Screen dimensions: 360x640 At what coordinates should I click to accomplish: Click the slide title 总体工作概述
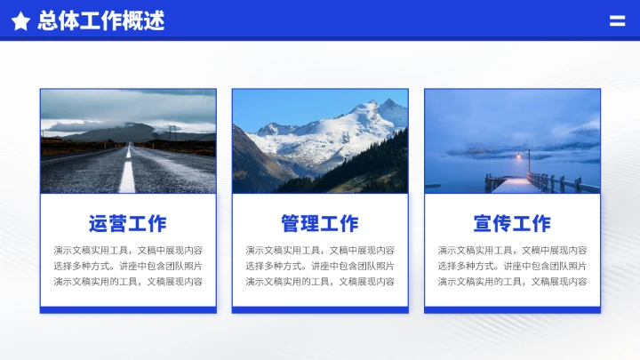(x=101, y=21)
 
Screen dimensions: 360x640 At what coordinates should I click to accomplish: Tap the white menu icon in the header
(x=617, y=20)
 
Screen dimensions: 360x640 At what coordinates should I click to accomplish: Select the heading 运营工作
(x=127, y=224)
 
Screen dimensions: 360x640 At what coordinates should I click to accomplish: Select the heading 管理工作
(x=320, y=224)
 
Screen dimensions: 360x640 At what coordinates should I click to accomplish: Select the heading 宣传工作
(x=512, y=224)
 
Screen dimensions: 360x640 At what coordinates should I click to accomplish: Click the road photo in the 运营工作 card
(x=127, y=141)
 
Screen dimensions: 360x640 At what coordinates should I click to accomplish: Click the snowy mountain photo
(x=320, y=141)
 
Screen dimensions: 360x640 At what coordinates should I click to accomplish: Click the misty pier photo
(x=512, y=141)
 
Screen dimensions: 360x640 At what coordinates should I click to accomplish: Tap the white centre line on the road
(x=128, y=173)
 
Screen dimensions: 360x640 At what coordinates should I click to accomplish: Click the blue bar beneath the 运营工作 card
(x=127, y=309)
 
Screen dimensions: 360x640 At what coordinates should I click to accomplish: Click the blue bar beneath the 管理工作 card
(x=320, y=309)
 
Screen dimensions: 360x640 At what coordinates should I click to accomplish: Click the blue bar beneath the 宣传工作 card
(x=512, y=309)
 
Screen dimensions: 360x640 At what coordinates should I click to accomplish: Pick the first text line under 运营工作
(x=127, y=251)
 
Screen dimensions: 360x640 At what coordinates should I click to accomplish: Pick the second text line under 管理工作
(x=320, y=266)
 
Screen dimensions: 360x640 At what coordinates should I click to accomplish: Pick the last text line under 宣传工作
(x=512, y=281)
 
